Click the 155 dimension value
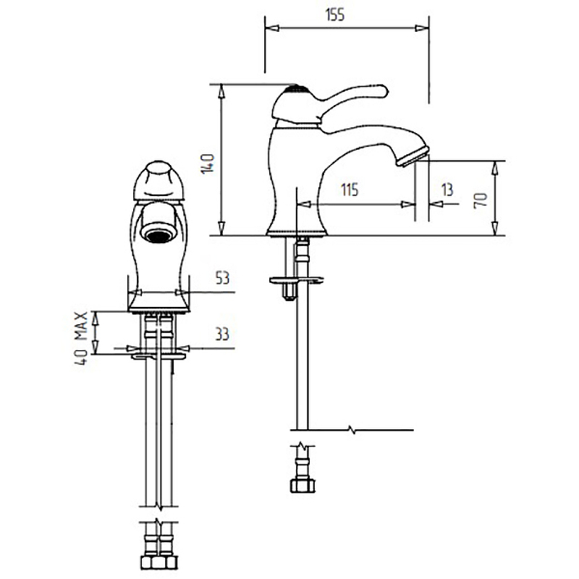(335, 14)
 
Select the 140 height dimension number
(208, 164)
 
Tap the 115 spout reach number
(350, 190)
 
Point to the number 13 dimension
(447, 190)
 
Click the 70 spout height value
(481, 200)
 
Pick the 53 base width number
(222, 278)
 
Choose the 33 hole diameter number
(222, 334)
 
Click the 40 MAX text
(82, 339)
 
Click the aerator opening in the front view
(159, 235)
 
